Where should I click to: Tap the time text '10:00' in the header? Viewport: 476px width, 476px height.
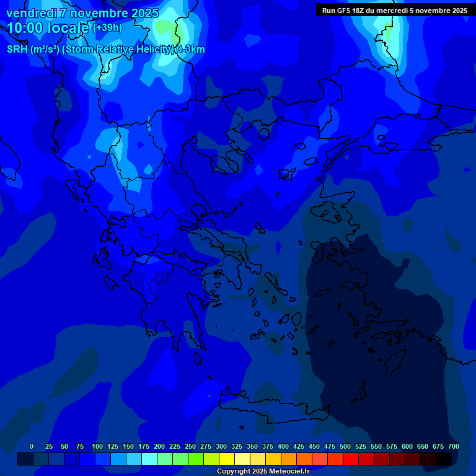(x=25, y=27)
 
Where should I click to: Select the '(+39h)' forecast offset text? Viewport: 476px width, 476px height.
(x=107, y=27)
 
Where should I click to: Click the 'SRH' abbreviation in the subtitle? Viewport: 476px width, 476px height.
(x=17, y=50)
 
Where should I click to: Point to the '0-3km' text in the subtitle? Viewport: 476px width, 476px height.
(x=190, y=50)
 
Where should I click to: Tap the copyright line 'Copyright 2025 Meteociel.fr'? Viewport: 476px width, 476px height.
(x=262, y=472)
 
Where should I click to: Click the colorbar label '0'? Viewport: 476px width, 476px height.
(x=32, y=446)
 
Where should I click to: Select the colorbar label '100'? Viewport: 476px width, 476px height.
(x=97, y=446)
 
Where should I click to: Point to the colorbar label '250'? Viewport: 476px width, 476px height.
(x=190, y=446)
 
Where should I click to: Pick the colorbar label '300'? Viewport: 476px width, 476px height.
(x=221, y=446)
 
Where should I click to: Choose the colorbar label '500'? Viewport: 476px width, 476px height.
(x=345, y=446)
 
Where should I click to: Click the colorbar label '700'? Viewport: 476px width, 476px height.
(x=453, y=446)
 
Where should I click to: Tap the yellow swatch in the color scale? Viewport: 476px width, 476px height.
(x=227, y=459)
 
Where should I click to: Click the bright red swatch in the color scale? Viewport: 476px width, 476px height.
(x=351, y=459)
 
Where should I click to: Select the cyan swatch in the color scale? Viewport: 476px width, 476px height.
(x=149, y=459)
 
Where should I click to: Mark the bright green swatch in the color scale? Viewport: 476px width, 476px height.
(x=196, y=459)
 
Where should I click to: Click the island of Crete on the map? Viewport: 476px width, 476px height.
(x=273, y=412)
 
